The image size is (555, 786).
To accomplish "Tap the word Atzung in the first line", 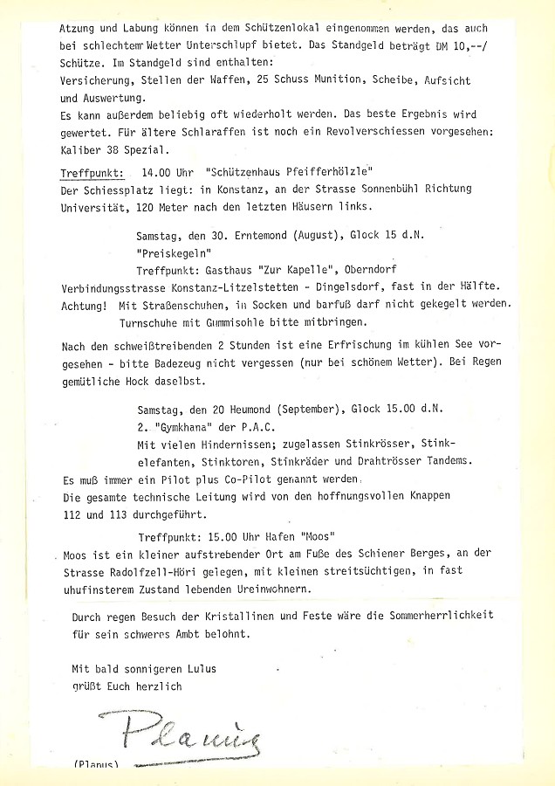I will click(x=82, y=26).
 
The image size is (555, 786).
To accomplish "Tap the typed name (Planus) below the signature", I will click(x=96, y=765).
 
